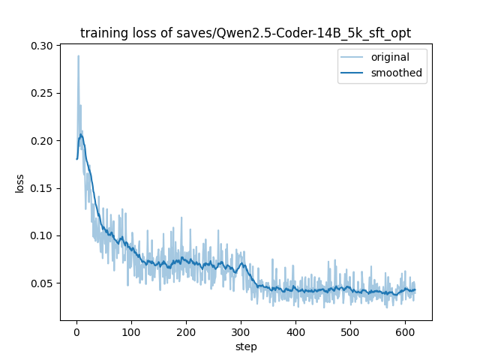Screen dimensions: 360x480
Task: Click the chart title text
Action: (x=246, y=33)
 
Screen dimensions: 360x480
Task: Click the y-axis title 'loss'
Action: (x=20, y=183)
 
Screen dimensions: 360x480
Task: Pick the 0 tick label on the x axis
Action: (x=76, y=332)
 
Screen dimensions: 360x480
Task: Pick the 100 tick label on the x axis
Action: (x=131, y=332)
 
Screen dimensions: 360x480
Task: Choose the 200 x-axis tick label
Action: (x=186, y=332)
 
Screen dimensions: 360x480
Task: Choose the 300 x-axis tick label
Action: (x=241, y=332)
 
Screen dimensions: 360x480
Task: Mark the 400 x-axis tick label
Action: (x=295, y=332)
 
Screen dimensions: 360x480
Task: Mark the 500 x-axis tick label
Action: (x=350, y=332)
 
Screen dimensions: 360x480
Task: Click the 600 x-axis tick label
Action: (x=405, y=332)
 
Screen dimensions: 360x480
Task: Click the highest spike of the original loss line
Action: (x=78, y=55)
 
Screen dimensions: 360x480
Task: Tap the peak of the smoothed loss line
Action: (x=81, y=135)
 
